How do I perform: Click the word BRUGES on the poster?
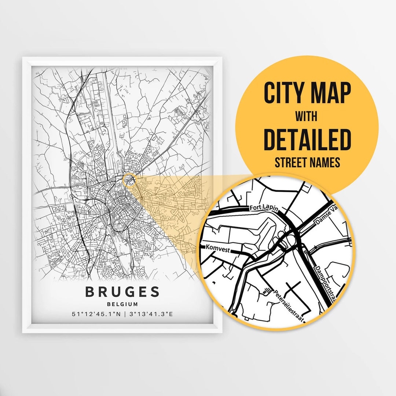(122, 292)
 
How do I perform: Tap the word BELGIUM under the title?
(122, 304)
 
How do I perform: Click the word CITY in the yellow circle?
(286, 93)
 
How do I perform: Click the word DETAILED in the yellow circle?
(307, 140)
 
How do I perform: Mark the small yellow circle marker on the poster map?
(130, 180)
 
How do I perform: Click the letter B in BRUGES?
(90, 292)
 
